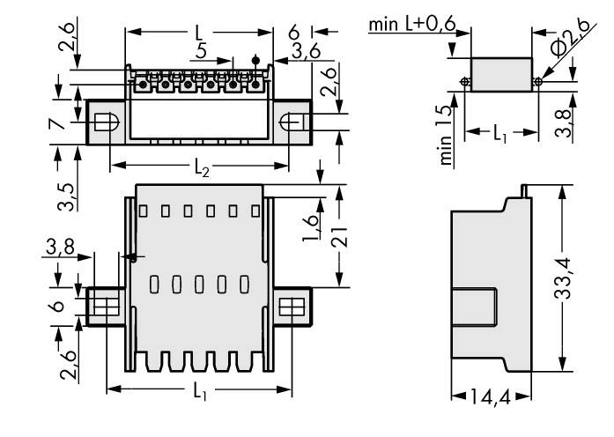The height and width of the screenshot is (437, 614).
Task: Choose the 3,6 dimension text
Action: tap(306, 53)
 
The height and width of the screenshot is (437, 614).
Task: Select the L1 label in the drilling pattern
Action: tap(499, 134)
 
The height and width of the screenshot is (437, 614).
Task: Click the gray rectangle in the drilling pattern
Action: tap(500, 74)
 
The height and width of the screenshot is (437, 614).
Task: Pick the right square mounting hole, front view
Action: tap(290, 307)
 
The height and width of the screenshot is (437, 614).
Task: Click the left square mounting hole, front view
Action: tap(104, 307)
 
